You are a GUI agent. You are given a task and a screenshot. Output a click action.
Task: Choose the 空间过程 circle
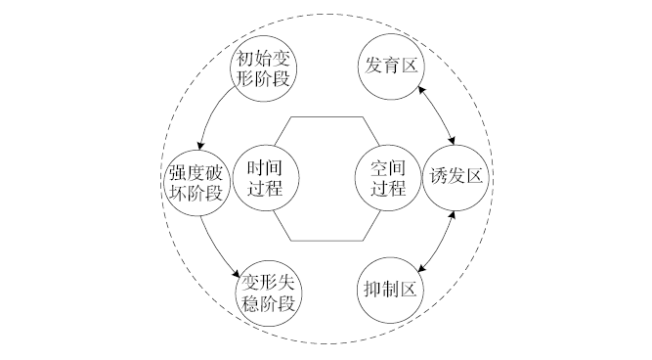[x=388, y=178]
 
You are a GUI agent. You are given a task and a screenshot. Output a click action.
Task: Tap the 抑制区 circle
[x=388, y=291]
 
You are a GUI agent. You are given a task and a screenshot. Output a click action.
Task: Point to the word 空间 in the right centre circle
[x=388, y=167]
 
